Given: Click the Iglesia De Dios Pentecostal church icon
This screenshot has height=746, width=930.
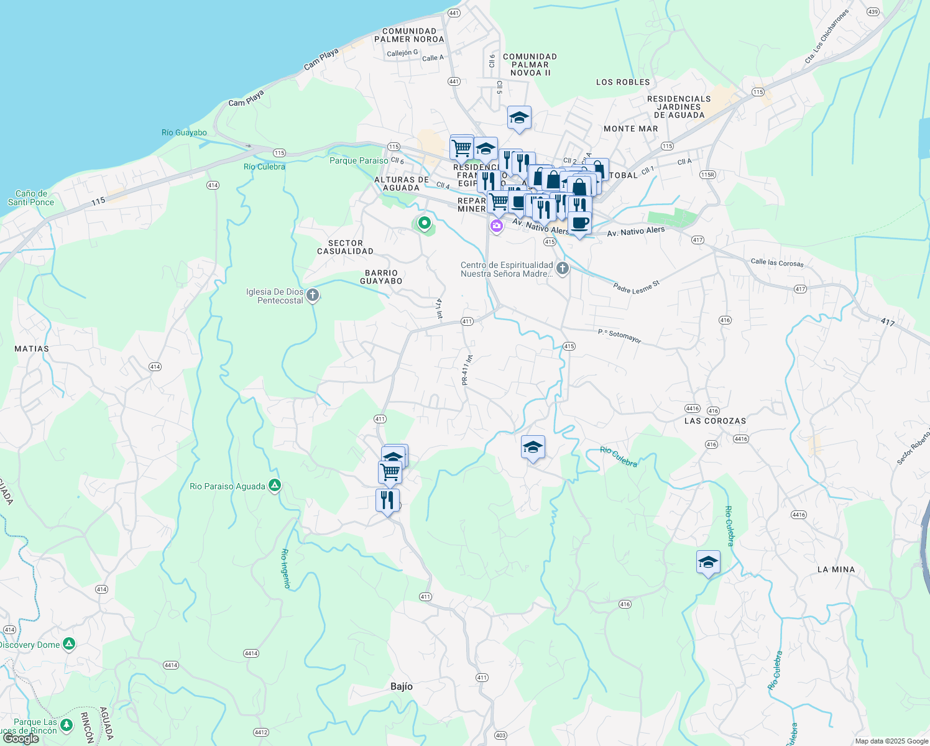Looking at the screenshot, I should pyautogui.click(x=313, y=295).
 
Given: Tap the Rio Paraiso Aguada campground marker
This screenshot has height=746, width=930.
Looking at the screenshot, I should pyautogui.click(x=275, y=486).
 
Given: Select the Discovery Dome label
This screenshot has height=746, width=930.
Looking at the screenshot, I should pyautogui.click(x=30, y=645).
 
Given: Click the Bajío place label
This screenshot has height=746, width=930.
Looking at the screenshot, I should pyautogui.click(x=402, y=686).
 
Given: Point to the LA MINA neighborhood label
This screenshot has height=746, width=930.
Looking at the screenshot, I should pyautogui.click(x=836, y=569).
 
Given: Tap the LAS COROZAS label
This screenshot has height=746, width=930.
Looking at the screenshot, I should pyautogui.click(x=715, y=421).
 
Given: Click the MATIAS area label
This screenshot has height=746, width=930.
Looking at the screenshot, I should pyautogui.click(x=32, y=349).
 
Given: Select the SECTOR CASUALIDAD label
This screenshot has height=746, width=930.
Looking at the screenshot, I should pyautogui.click(x=345, y=247).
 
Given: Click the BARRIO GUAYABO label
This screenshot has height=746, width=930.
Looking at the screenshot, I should pyautogui.click(x=381, y=277).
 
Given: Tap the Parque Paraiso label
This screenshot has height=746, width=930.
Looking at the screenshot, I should pyautogui.click(x=359, y=160).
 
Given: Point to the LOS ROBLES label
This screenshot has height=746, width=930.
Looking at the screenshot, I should pyautogui.click(x=623, y=82).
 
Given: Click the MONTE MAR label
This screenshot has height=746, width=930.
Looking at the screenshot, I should pyautogui.click(x=630, y=129).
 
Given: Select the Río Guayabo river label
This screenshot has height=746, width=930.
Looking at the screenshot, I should pyautogui.click(x=184, y=132).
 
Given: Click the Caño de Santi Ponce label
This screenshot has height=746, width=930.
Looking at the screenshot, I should pyautogui.click(x=31, y=198).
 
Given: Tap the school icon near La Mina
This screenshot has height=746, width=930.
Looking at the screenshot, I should pyautogui.click(x=708, y=563).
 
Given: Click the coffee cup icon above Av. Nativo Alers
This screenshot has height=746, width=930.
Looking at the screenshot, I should pyautogui.click(x=579, y=223).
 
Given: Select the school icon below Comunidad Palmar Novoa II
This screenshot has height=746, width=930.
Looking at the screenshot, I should pyautogui.click(x=519, y=118).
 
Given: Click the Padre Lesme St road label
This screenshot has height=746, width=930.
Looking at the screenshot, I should pyautogui.click(x=636, y=287).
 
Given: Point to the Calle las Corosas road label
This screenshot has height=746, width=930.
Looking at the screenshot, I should pyautogui.click(x=777, y=262).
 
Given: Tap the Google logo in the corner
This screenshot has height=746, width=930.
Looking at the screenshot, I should pyautogui.click(x=21, y=739).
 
